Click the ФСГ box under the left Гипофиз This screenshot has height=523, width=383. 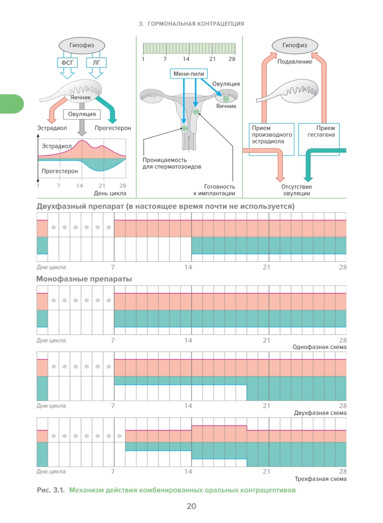[67, 62]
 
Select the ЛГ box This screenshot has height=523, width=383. [96, 62]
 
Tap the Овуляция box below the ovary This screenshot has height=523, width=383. [82, 114]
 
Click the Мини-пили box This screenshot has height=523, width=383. [188, 74]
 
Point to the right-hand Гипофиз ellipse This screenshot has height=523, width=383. [295, 45]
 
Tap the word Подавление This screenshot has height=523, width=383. [295, 61]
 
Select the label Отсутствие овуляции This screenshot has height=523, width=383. [296, 190]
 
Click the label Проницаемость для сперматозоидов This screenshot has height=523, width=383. [172, 163]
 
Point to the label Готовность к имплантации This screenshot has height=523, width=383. [214, 190]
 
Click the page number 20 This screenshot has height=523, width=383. [191, 506]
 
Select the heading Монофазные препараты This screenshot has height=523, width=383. [84, 279]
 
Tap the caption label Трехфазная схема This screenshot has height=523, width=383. [321, 479]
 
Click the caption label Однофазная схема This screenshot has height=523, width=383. [319, 347]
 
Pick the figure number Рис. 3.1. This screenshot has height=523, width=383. [51, 490]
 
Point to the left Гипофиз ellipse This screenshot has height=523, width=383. [82, 45]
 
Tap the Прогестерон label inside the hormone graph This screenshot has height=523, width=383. [60, 171]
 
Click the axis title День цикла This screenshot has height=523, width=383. [110, 193]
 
